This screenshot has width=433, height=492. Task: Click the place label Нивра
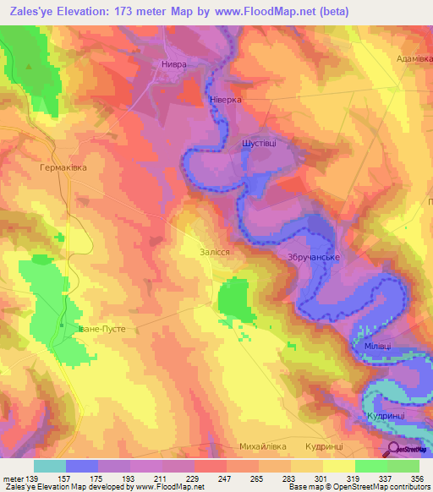point(173,64)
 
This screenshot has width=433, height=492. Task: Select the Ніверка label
point(226,99)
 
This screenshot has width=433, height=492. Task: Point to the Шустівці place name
point(259,144)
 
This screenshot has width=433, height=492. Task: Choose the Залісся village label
point(208,251)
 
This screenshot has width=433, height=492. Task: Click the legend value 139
point(33,478)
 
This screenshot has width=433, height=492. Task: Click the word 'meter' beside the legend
point(12,478)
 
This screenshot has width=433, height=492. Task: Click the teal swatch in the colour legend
point(49,466)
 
